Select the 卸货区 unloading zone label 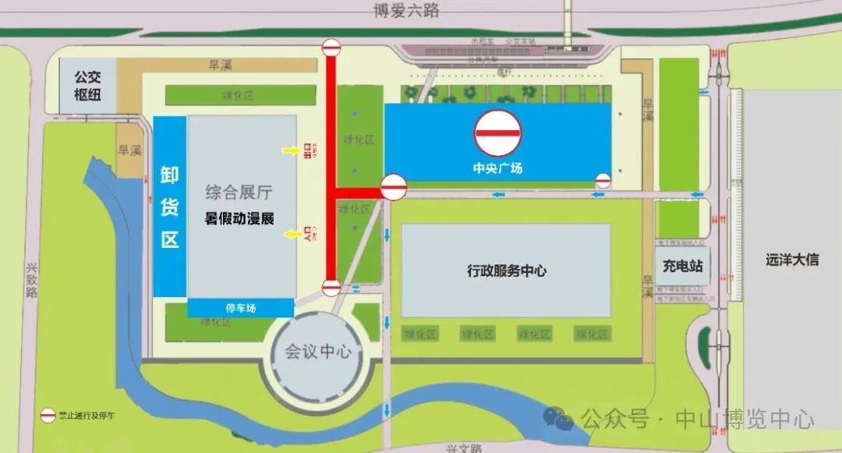(169, 206)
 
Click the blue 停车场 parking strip (241, 308)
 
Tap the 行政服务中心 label (506, 271)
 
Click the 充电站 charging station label (683, 266)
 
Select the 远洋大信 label (791, 260)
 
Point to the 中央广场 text (497, 168)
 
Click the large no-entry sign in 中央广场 (498, 133)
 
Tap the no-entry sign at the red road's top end (331, 48)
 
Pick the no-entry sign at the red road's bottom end (331, 288)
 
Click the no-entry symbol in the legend (48, 414)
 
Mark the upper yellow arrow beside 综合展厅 (290, 150)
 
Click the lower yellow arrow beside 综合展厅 (290, 232)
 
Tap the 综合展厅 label (239, 193)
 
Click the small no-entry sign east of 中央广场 (603, 181)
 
